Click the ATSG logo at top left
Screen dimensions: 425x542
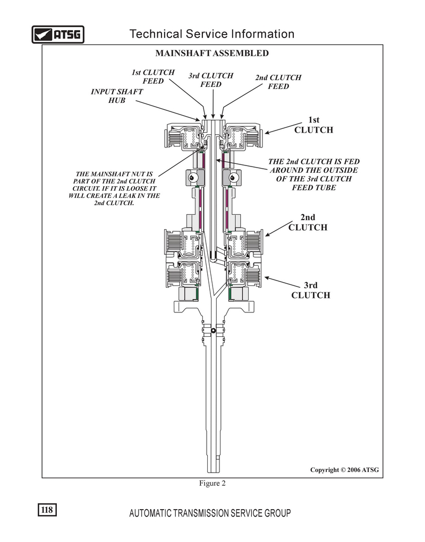[x=58, y=34]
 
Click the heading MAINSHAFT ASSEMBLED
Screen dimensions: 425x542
[x=212, y=53]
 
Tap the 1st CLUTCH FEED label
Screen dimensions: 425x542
[x=153, y=77]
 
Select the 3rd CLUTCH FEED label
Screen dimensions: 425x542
[x=211, y=80]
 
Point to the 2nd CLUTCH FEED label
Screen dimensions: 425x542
[x=278, y=82]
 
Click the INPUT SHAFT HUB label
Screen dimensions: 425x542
[x=117, y=96]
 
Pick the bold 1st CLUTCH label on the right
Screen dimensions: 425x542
[x=314, y=125]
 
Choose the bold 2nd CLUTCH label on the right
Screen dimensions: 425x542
[x=308, y=223]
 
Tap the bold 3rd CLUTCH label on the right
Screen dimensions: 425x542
[x=311, y=291]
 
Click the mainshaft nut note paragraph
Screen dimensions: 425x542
[x=114, y=188]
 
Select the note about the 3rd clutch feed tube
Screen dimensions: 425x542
[x=314, y=174]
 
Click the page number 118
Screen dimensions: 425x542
[x=47, y=510]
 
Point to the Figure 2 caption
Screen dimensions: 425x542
[x=212, y=483]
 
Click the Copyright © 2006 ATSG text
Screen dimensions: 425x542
[x=344, y=470]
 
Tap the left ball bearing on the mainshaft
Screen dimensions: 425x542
[x=193, y=178]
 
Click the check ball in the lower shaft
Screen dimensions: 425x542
[x=214, y=330]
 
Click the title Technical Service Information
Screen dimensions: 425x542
[x=212, y=34]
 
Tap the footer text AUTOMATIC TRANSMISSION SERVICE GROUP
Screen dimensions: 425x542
[x=210, y=513]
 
